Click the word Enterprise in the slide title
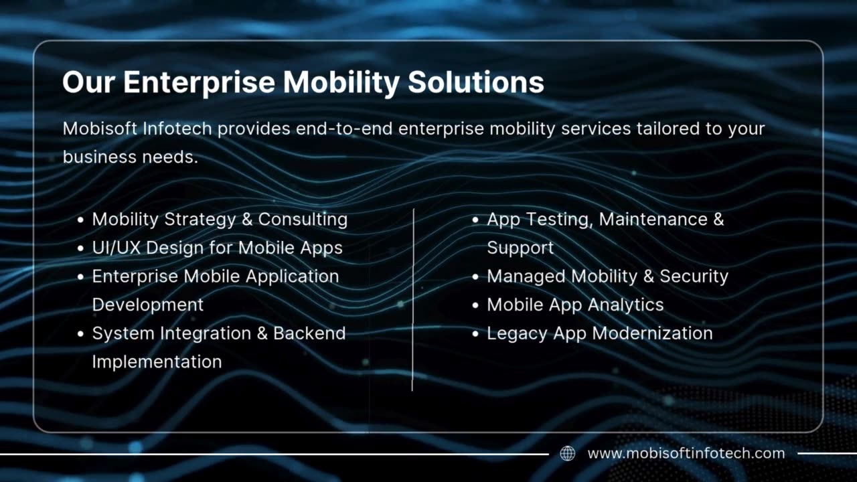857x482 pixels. [x=199, y=82]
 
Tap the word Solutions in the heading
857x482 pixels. [x=475, y=82]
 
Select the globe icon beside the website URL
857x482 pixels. [x=567, y=454]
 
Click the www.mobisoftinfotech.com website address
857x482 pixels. [x=686, y=454]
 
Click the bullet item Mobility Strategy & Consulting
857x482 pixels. [x=220, y=220]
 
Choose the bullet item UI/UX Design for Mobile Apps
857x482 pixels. [x=217, y=248]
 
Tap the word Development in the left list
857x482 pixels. [x=147, y=305]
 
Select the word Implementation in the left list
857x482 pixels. [x=157, y=361]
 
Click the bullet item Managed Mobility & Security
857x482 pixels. [x=607, y=276]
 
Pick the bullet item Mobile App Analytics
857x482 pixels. [x=575, y=305]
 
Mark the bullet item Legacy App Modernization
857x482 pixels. [x=599, y=333]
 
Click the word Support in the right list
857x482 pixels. [x=520, y=248]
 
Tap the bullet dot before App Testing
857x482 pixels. [x=475, y=220]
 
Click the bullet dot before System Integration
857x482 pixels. [x=80, y=333]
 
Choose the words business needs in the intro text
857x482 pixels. [x=130, y=157]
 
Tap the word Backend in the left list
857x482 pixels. [x=309, y=333]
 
